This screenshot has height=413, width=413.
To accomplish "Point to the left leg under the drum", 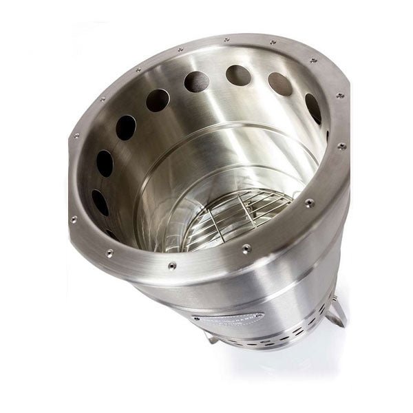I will (x=214, y=339).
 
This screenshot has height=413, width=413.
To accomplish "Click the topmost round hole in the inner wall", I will (x=238, y=75).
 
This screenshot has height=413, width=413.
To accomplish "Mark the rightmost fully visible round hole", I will (x=313, y=108).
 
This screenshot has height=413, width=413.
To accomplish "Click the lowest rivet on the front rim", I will (x=172, y=265).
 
